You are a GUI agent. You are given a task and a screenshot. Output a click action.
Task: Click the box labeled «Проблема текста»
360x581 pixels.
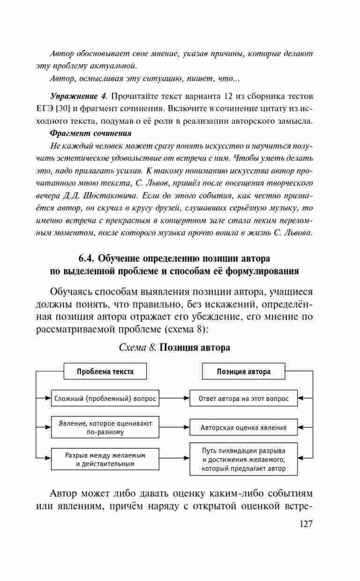tap(105, 371)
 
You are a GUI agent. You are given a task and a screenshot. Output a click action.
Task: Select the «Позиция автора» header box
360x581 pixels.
tap(243, 371)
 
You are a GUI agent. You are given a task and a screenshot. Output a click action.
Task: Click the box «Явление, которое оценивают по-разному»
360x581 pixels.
tap(105, 427)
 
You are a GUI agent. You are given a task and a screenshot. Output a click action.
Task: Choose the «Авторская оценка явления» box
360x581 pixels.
tap(243, 427)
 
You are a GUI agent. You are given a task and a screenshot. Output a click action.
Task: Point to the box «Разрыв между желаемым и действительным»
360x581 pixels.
tap(105, 459)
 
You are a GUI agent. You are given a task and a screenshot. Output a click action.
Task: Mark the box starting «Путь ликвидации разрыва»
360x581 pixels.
tap(243, 459)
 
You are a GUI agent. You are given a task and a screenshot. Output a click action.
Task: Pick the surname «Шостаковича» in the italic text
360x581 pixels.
tap(111, 195)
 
